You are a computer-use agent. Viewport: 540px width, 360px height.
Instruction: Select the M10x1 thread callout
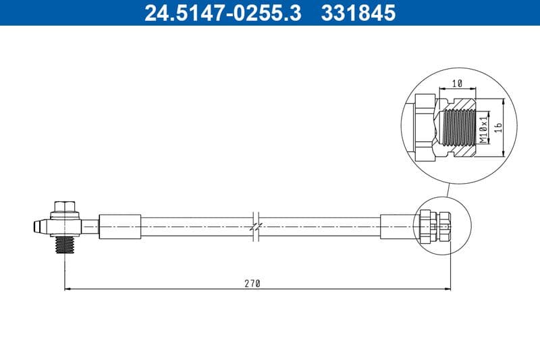(x=483, y=128)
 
